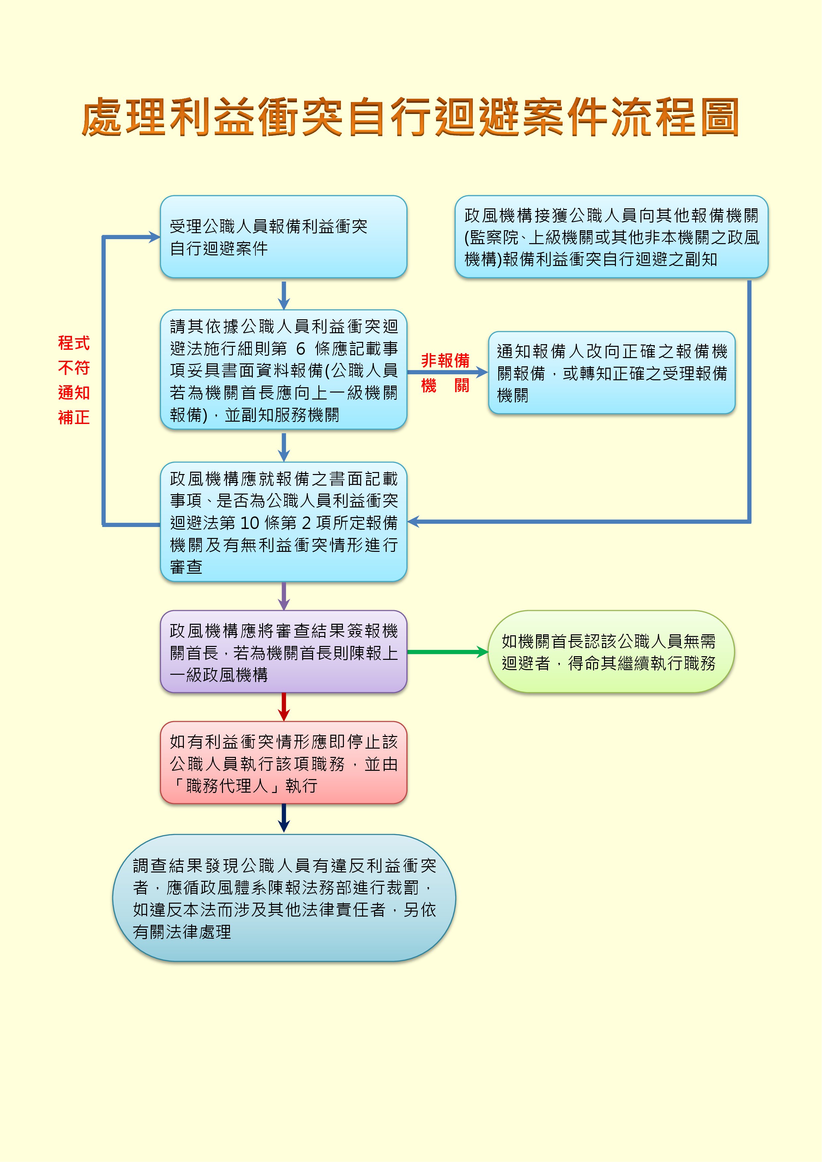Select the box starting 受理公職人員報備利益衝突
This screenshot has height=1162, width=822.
[x=284, y=237]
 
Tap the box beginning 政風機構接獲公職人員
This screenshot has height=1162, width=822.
[x=611, y=237]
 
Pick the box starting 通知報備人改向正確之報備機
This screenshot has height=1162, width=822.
[x=611, y=373]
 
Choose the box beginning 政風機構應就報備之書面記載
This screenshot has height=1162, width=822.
[x=284, y=522]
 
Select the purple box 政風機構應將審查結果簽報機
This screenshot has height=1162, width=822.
[x=284, y=652]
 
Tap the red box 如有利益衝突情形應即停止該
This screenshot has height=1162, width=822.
[x=284, y=763]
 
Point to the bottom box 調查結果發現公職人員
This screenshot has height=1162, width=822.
[x=284, y=898]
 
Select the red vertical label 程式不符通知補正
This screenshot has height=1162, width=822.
[x=74, y=380]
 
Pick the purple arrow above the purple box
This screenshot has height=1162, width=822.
[x=284, y=596]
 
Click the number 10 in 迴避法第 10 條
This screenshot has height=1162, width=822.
[x=249, y=522]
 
